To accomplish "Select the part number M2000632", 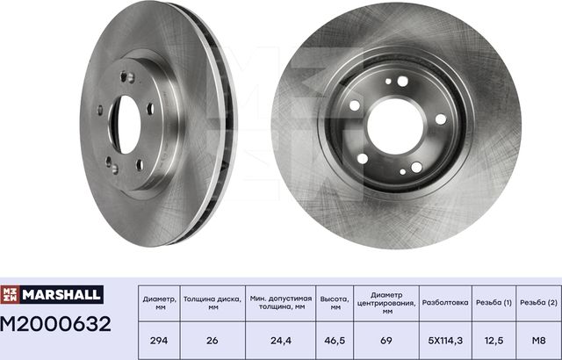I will click(56, 324).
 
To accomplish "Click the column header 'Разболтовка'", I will click(446, 301).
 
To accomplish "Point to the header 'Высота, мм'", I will click(335, 301).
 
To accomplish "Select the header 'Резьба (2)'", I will click(538, 301).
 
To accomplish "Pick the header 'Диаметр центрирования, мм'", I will click(385, 301).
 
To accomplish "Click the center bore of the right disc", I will click(396, 125).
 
